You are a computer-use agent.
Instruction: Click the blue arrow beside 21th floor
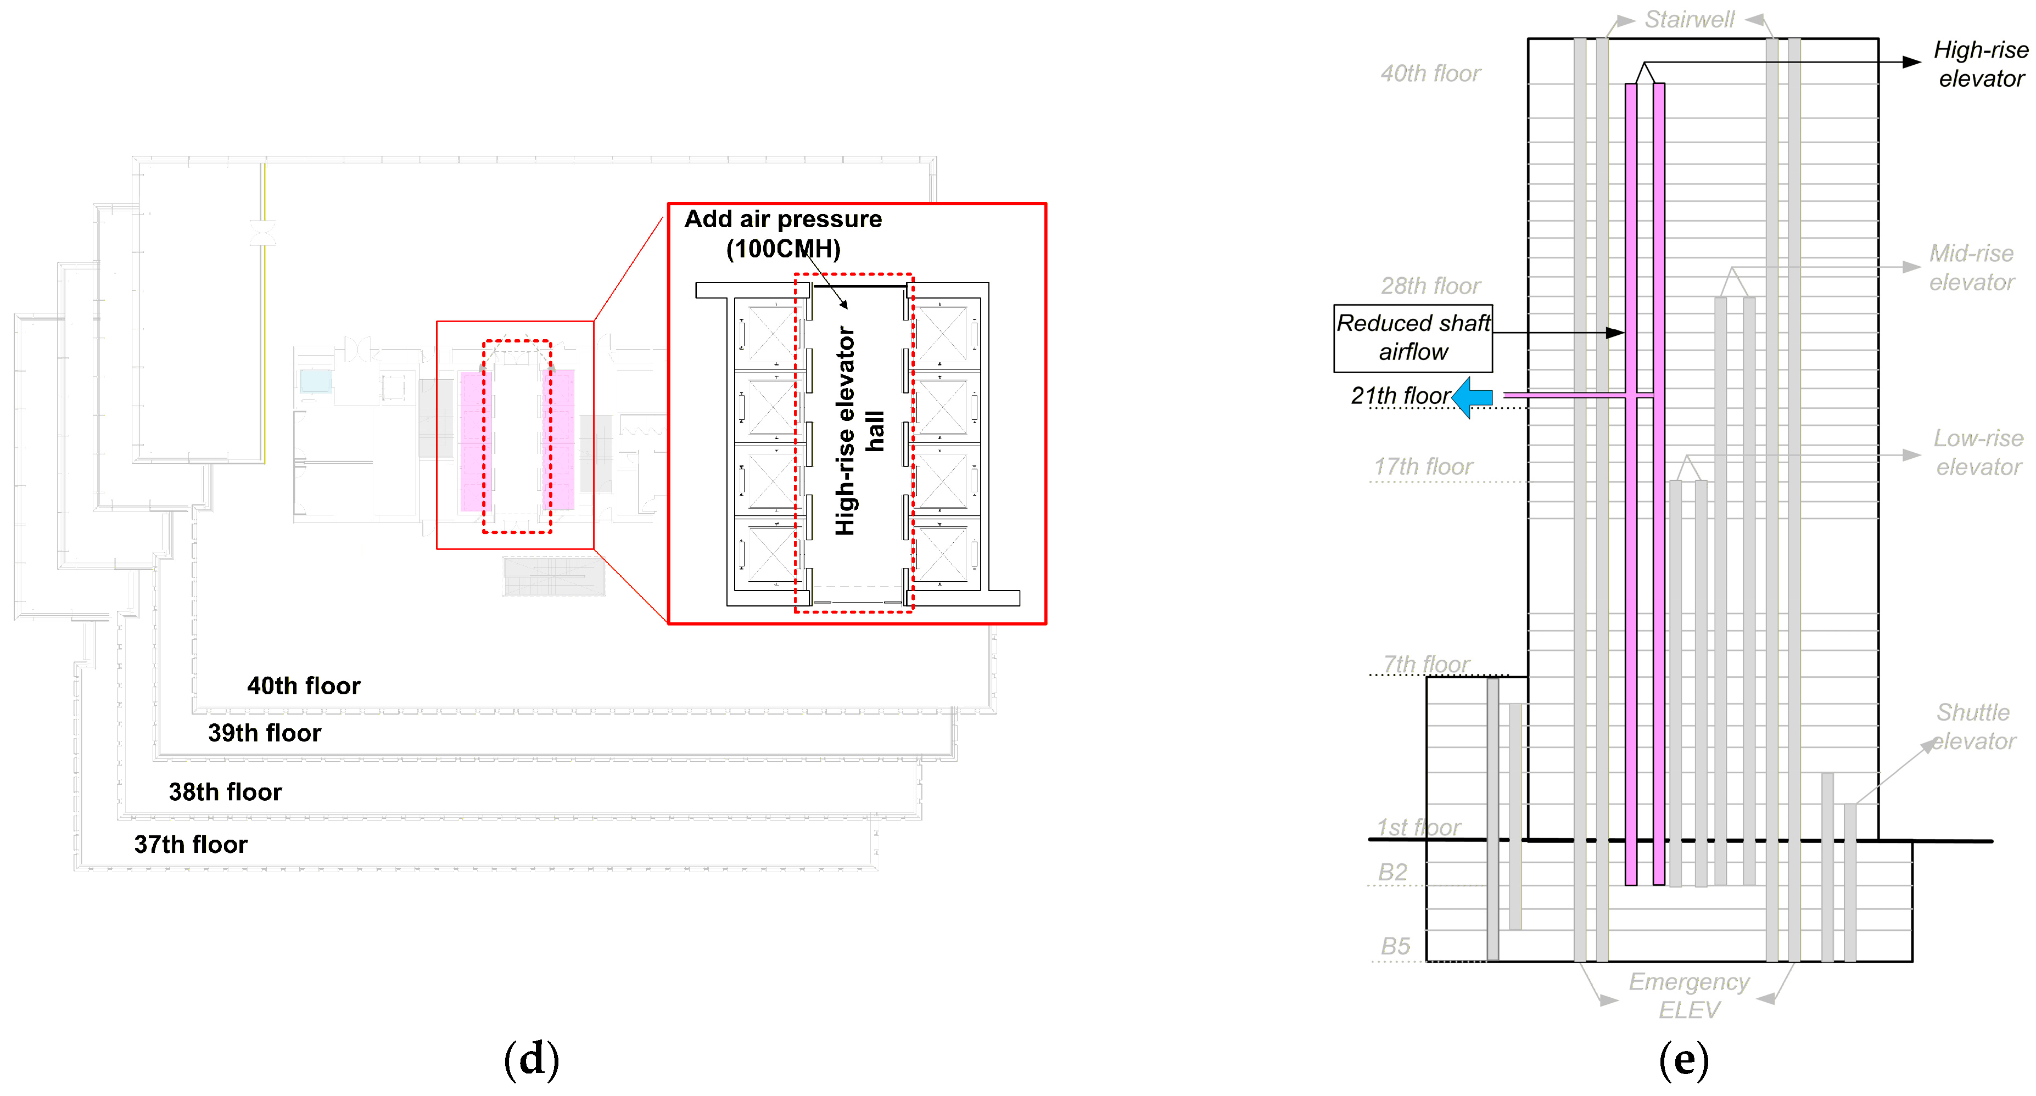click(1473, 397)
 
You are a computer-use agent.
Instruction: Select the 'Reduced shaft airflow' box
click(1413, 338)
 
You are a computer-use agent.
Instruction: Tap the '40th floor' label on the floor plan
click(304, 686)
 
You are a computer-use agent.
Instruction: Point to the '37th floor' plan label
click(191, 845)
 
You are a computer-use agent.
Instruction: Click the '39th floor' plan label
click(265, 733)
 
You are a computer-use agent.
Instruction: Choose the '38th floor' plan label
click(225, 792)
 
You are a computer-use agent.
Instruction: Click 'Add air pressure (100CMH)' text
click(783, 234)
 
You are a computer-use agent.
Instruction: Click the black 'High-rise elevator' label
click(1981, 64)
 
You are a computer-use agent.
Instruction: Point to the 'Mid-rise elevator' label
click(1971, 268)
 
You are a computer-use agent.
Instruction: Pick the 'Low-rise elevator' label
click(1978, 453)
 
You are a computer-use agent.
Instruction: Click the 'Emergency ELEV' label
click(1689, 996)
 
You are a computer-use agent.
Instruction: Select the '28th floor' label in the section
click(1430, 286)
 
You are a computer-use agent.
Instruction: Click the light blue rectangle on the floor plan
click(315, 381)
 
